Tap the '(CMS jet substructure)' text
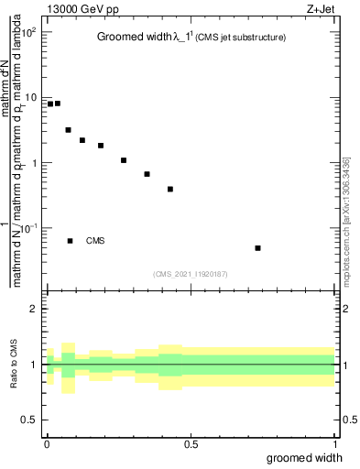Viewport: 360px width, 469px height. click(241, 38)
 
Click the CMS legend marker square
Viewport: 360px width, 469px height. click(70, 241)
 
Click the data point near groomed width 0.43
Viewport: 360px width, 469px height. click(170, 190)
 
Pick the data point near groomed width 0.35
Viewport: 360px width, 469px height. click(147, 174)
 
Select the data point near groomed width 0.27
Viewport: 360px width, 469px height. click(124, 160)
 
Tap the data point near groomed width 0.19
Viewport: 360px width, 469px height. click(101, 146)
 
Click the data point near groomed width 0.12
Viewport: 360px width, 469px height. click(82, 140)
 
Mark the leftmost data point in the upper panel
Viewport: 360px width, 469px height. click(50, 104)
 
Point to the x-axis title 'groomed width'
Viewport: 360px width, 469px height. click(306, 457)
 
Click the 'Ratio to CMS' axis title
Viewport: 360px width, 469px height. click(14, 364)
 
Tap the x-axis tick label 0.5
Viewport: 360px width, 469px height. click(190, 445)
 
